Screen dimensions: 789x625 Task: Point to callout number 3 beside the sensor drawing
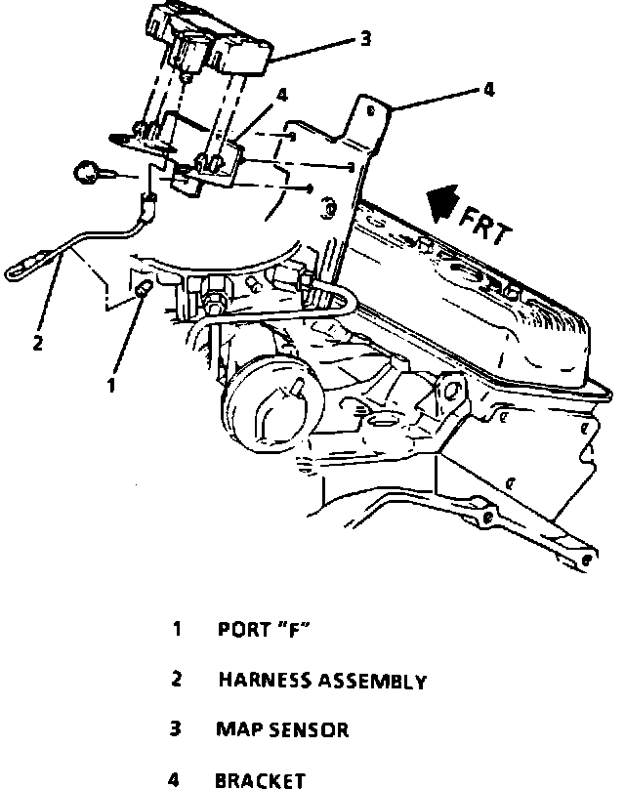365,39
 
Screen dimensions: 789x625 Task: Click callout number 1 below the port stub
112,385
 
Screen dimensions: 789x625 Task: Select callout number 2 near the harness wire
37,342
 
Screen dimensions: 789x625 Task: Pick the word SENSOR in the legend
312,729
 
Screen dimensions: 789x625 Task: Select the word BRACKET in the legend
261,779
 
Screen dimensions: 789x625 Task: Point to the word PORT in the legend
243,630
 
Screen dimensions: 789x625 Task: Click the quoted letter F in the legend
293,630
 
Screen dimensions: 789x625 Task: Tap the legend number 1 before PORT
177,629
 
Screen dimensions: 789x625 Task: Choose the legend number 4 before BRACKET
176,779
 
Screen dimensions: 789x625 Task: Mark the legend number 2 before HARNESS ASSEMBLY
177,680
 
